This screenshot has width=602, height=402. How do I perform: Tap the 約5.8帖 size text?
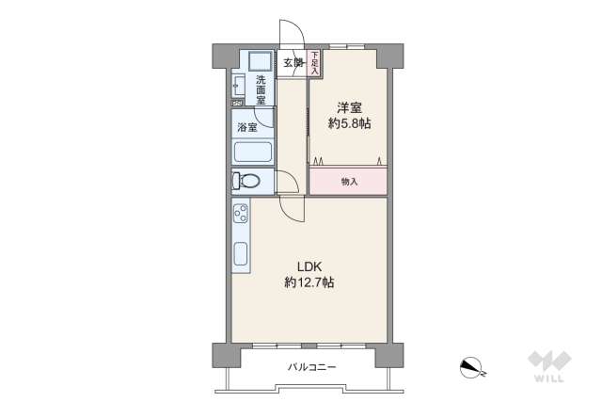(350, 124)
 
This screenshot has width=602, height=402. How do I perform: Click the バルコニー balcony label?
(311, 367)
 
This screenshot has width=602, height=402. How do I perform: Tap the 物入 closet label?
(349, 181)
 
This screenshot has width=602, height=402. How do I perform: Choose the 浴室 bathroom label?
(246, 126)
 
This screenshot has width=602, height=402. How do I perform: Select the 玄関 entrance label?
(293, 63)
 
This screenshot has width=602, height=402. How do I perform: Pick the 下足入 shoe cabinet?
(314, 63)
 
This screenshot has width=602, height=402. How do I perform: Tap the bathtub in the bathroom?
(252, 152)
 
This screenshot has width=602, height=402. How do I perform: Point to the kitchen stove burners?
(240, 212)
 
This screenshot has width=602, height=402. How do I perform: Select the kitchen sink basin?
(240, 254)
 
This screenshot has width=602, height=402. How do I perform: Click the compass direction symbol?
(471, 367)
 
